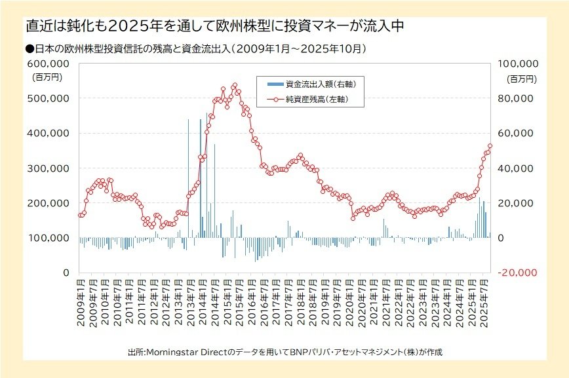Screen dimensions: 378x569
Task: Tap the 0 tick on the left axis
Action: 66,272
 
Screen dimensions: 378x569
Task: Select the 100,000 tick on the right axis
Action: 519,64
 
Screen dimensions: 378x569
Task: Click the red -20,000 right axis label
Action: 519,272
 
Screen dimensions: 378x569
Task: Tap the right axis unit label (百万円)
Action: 523,78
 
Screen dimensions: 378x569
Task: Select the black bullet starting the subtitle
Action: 29,48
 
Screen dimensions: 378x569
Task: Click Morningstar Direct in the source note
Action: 187,352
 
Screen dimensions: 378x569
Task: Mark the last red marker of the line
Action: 490,146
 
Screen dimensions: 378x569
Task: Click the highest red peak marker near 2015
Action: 235,85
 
